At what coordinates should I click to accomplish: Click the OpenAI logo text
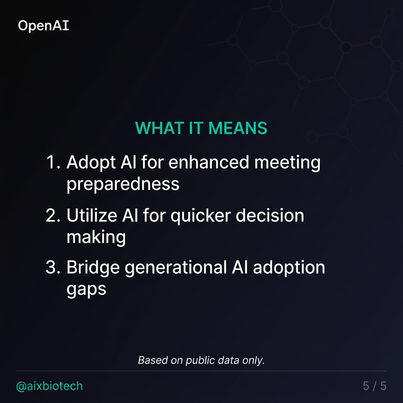click(43, 26)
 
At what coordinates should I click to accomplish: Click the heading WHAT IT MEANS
click(201, 128)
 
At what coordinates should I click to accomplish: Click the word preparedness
click(123, 184)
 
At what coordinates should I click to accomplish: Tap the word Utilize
click(91, 216)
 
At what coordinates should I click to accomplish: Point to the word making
click(96, 237)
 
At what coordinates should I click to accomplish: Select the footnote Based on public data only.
click(201, 360)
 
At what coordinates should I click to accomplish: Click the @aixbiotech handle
click(50, 386)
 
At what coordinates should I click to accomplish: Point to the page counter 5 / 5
click(374, 386)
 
